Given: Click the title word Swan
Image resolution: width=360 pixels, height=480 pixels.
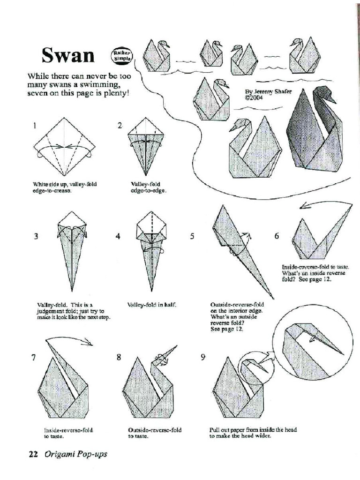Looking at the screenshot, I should (x=68, y=55).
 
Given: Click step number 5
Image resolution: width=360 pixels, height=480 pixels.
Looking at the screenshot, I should (x=192, y=236).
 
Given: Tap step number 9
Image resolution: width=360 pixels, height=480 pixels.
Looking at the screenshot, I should (x=203, y=357).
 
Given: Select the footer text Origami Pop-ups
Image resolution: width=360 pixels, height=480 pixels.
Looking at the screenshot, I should (x=75, y=454).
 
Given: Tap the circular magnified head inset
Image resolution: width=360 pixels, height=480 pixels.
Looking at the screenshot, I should (x=313, y=342).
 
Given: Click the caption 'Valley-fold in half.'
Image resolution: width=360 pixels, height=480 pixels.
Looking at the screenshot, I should (x=152, y=305).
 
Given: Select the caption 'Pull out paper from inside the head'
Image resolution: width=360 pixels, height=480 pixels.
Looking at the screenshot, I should (x=253, y=429).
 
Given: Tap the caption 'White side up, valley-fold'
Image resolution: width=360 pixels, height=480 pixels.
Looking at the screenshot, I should (x=64, y=184).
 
